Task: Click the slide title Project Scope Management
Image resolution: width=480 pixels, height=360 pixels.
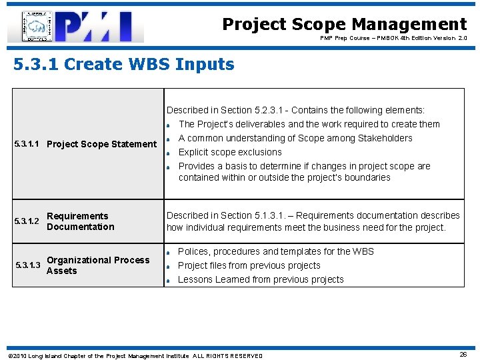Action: [344, 25]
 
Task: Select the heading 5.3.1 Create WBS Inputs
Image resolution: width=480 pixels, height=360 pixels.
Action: [124, 65]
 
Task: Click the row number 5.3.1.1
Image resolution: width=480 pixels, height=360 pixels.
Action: [28, 144]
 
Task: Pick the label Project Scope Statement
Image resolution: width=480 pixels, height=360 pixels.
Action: [102, 144]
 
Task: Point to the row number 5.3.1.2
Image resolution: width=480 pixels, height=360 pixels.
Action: [28, 221]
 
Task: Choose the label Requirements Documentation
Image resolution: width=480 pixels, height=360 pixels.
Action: [80, 221]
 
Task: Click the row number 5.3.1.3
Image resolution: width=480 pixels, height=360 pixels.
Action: [28, 265]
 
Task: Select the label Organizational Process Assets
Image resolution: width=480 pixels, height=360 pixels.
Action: [98, 265]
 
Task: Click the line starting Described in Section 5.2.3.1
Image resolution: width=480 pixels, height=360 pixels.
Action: [295, 110]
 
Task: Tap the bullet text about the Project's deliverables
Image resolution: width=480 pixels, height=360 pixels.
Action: [309, 124]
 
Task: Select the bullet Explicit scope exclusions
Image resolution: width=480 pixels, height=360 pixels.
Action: [230, 152]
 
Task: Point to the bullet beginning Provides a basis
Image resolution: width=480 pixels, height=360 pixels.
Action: [304, 171]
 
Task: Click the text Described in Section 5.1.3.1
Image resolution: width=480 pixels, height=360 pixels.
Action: [313, 221]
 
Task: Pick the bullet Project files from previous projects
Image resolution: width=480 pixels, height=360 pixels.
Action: [249, 265]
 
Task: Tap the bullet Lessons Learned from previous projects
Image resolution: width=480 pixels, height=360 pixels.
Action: [261, 279]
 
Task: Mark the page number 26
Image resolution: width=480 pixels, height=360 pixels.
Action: [463, 355]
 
